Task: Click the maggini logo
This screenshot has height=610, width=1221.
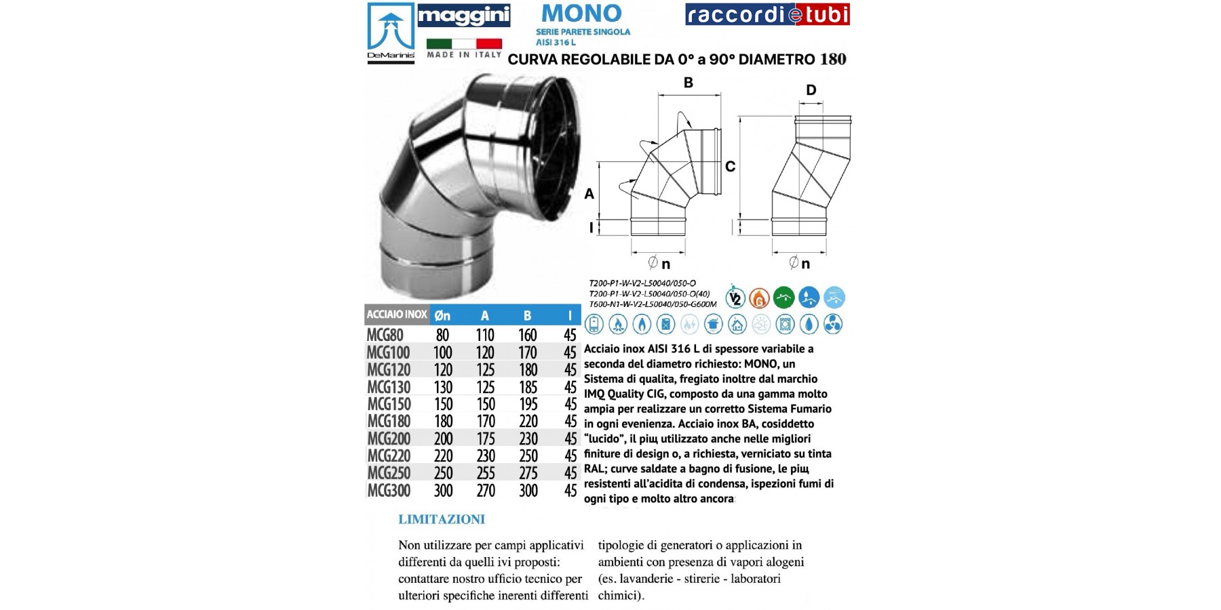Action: (x=463, y=16)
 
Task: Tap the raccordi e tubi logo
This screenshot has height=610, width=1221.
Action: (x=767, y=15)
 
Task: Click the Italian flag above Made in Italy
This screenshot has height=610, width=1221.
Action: (x=464, y=43)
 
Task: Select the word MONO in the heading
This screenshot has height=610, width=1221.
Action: (x=582, y=14)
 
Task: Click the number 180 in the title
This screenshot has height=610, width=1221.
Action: (x=833, y=60)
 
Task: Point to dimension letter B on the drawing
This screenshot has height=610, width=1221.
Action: (x=688, y=83)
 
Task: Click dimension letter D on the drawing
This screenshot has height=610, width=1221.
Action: (x=811, y=90)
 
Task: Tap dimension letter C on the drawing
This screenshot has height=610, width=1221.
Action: (x=730, y=167)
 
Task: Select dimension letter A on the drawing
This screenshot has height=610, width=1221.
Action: (x=589, y=194)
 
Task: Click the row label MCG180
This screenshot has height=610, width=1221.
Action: (x=389, y=422)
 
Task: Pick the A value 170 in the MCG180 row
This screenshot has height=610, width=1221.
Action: (x=486, y=422)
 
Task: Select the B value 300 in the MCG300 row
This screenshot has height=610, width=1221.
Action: (x=528, y=491)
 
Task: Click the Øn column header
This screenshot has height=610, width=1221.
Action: (x=442, y=315)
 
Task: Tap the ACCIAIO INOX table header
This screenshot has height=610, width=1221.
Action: (x=397, y=314)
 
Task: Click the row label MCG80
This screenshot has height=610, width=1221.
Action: (x=385, y=335)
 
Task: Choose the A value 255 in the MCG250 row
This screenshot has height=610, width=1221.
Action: (x=486, y=473)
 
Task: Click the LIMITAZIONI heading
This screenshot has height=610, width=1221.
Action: (x=442, y=520)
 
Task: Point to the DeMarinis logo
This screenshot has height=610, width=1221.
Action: (x=391, y=33)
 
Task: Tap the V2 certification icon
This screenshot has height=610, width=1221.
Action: (x=735, y=298)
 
